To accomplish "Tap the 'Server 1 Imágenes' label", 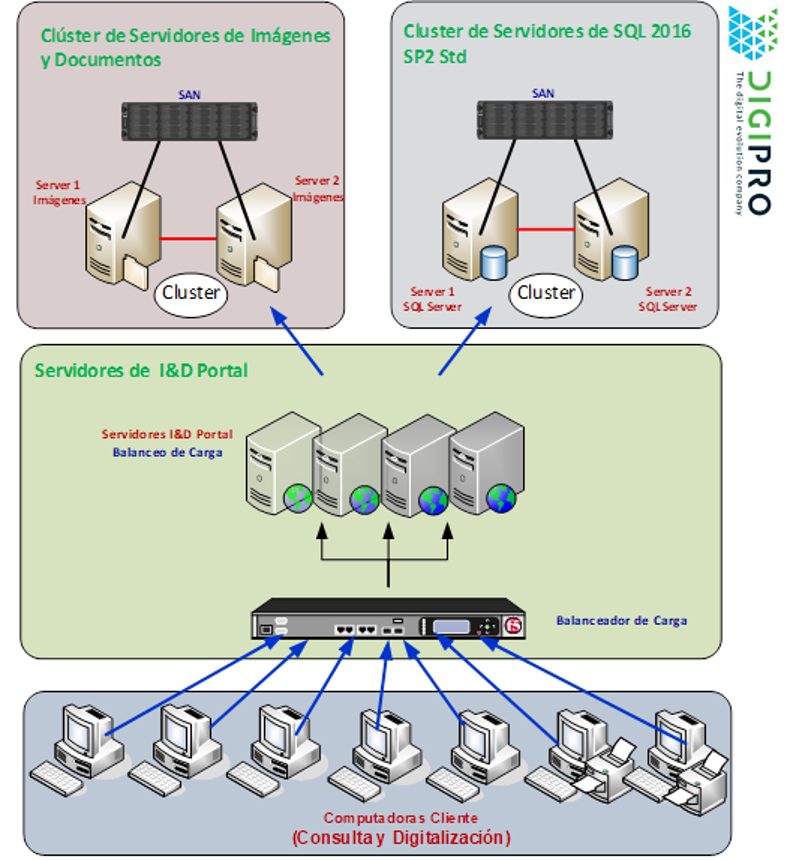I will (59, 193).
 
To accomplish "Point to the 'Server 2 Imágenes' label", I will (318, 188).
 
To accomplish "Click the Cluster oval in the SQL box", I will (545, 293).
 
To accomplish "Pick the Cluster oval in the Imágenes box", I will (191, 294).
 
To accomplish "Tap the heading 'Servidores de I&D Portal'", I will (141, 371).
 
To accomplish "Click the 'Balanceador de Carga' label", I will (621, 621).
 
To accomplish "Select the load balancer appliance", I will (389, 622).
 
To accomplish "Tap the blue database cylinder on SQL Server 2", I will (624, 263).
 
